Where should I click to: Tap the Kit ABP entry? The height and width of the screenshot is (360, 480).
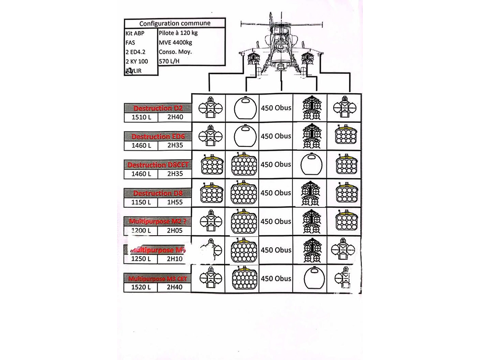[135, 34]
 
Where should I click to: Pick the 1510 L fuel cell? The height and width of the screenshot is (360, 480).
[141, 117]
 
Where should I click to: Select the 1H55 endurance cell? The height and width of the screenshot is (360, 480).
[174, 202]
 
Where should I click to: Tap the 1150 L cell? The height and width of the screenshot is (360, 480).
[141, 202]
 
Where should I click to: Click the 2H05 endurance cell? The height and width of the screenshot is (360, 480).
[174, 230]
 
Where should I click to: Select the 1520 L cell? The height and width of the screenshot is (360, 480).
[141, 288]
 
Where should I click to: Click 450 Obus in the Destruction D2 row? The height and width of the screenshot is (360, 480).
[276, 108]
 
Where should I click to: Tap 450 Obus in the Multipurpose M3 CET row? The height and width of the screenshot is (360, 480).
[276, 278]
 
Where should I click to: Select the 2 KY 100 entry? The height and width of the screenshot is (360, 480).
[136, 61]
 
